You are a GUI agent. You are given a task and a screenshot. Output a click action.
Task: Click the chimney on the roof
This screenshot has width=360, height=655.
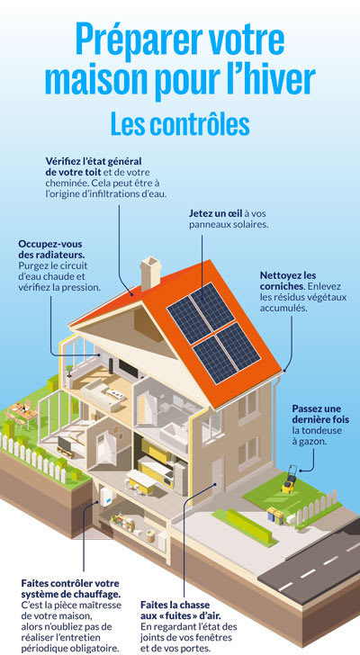point(150,274)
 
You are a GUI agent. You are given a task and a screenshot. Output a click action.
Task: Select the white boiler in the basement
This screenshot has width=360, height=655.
point(108,496)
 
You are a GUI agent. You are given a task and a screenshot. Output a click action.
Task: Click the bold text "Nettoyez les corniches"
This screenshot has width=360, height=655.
point(288,281)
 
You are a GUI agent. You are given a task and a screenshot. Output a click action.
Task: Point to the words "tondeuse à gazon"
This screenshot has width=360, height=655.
point(311,435)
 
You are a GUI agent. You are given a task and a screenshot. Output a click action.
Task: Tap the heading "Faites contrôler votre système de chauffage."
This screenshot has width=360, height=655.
point(71,588)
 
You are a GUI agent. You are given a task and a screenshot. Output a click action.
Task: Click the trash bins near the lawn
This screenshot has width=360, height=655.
point(275,515)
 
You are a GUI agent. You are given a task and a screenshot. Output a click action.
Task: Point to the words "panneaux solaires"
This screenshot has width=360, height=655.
point(228,224)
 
